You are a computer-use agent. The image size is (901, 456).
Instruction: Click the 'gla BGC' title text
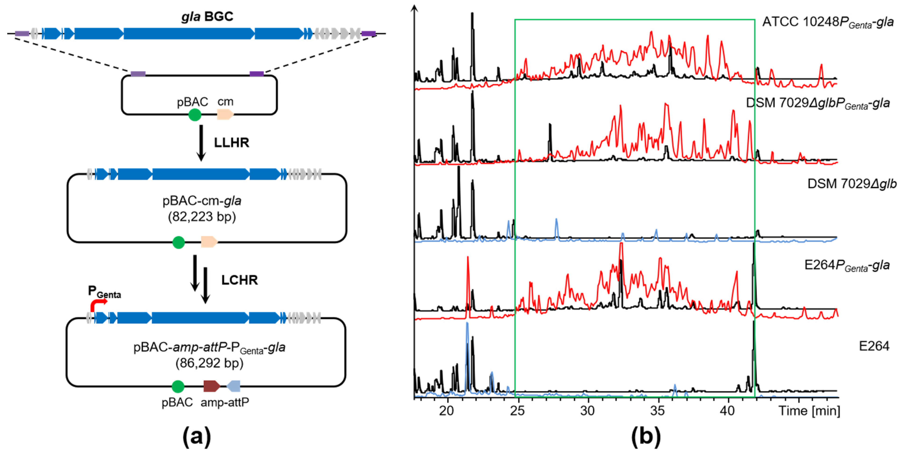click(x=207, y=16)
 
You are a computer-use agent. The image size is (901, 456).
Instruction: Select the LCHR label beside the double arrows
click(x=239, y=280)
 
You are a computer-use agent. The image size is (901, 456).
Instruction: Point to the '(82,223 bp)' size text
click(x=202, y=217)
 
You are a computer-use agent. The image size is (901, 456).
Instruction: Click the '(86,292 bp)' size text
click(x=209, y=363)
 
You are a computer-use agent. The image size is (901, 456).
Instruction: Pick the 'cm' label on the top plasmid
click(x=225, y=102)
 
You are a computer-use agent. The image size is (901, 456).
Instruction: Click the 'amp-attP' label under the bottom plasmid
click(x=225, y=402)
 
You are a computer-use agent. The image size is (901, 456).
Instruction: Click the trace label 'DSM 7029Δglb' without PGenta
click(x=852, y=184)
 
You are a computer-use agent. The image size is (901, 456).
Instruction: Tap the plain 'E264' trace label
click(x=874, y=346)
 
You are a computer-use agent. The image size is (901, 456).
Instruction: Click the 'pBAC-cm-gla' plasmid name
click(x=202, y=201)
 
